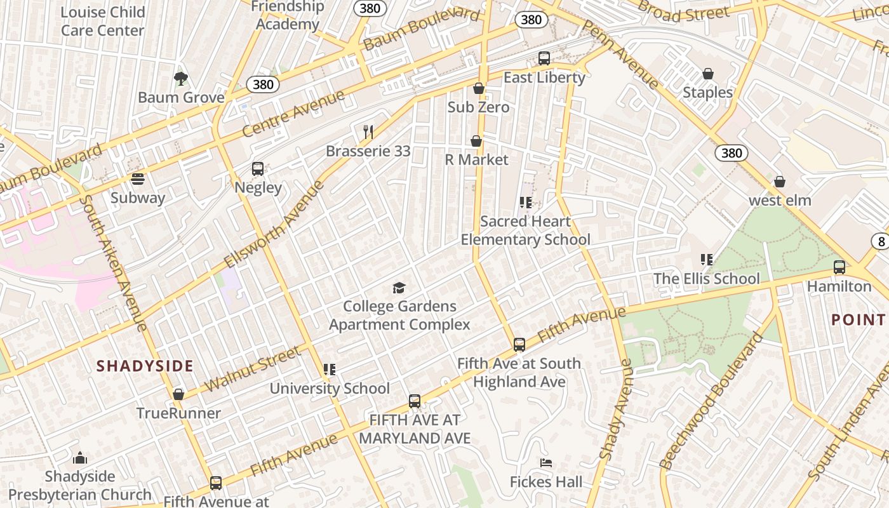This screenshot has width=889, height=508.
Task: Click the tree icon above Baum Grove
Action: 181,79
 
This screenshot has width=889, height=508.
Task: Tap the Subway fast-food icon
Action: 138,179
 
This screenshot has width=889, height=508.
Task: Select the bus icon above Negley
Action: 257,169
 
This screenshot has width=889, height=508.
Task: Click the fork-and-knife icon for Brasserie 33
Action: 368,132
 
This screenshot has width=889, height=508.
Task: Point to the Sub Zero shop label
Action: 478,107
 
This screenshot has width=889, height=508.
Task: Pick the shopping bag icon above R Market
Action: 476,141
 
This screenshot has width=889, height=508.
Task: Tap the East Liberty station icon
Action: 544,58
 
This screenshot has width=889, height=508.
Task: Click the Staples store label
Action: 707,93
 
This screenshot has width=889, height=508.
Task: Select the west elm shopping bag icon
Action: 780,182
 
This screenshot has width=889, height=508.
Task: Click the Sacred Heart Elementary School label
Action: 525,231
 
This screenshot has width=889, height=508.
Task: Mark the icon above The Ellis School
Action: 706,260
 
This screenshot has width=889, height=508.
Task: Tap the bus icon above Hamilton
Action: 839,267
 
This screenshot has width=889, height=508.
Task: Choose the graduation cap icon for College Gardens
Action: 399,288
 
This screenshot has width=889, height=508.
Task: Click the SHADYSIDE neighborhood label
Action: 145,366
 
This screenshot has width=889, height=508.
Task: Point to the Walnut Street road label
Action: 252,369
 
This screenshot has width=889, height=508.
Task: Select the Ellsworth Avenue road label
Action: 274,224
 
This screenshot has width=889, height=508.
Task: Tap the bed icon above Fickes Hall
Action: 546,463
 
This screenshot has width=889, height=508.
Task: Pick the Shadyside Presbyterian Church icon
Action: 80,458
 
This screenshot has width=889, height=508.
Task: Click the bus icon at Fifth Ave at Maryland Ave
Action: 415,401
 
